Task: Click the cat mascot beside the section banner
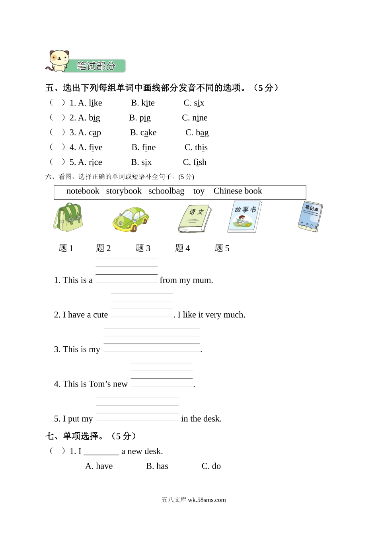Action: click(59, 61)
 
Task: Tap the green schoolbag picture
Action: click(68, 217)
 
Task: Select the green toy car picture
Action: click(131, 219)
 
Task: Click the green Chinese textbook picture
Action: click(195, 219)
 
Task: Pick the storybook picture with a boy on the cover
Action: click(244, 217)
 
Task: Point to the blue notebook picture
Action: click(310, 217)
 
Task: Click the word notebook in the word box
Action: click(83, 191)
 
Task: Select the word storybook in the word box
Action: click(124, 191)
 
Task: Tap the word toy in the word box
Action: click(199, 191)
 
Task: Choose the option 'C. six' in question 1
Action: click(194, 103)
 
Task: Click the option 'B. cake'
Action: click(143, 133)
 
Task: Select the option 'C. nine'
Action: click(195, 118)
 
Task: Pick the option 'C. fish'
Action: click(195, 162)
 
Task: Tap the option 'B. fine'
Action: click(144, 147)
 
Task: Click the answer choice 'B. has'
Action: click(157, 466)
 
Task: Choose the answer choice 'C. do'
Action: click(211, 466)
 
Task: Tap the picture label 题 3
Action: click(143, 248)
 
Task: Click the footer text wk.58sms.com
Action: click(207, 500)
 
